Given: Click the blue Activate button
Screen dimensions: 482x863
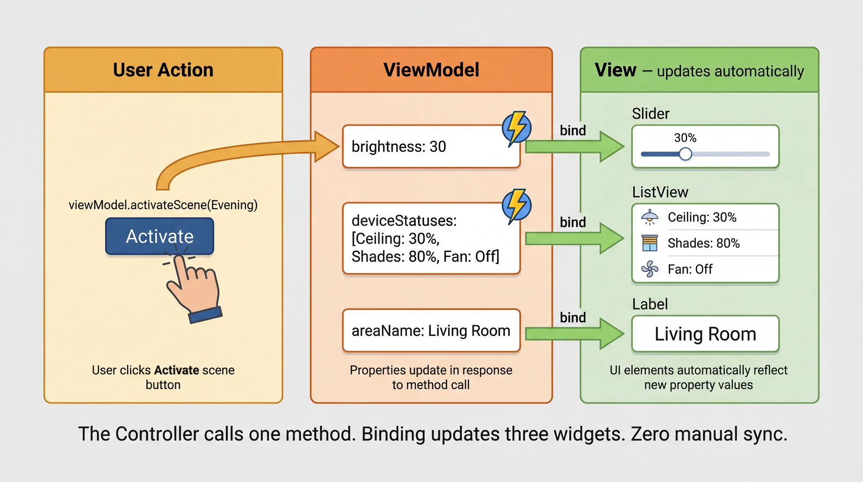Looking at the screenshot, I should (x=160, y=237).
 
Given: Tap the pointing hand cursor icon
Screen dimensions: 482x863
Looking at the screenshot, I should (x=193, y=288).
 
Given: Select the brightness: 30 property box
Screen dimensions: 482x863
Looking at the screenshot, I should (x=431, y=147).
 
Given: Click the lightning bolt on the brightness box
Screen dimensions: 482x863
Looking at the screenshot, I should (x=516, y=128).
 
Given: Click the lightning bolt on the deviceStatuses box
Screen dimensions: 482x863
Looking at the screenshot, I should (x=516, y=205).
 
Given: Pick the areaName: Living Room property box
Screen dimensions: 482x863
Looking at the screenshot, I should (x=431, y=331).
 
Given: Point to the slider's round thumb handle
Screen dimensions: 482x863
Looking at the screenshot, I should (x=685, y=154).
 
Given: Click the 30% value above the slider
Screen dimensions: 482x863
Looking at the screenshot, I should (x=685, y=138).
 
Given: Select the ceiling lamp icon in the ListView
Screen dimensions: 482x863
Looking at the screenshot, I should (x=649, y=217).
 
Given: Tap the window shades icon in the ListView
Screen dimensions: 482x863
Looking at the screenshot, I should (x=649, y=243).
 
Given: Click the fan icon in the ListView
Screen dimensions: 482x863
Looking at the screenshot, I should (x=649, y=269).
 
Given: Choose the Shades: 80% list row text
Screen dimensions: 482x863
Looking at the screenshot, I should (x=703, y=243).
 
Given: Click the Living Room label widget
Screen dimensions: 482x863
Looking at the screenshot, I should (x=705, y=334).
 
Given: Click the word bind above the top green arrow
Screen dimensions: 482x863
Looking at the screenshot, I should (x=573, y=131).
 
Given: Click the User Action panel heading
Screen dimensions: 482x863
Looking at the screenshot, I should (x=163, y=70).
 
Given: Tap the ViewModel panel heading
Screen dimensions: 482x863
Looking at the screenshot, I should (x=431, y=70).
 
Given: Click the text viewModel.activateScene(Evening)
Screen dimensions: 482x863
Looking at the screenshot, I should (x=163, y=205).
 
